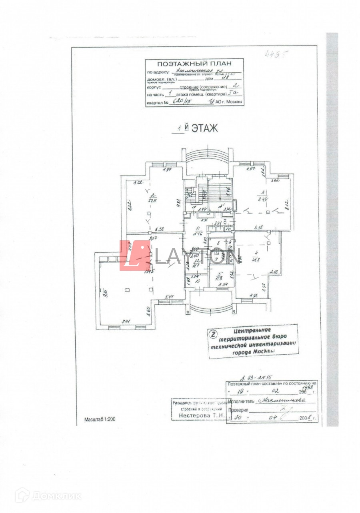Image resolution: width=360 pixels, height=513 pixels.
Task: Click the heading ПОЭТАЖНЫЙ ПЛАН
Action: (x=194, y=64)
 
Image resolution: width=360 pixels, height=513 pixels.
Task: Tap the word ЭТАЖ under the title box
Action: (x=204, y=128)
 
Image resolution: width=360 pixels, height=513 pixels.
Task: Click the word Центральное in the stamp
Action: (x=252, y=331)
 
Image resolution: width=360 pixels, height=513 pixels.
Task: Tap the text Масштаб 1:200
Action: (x=100, y=419)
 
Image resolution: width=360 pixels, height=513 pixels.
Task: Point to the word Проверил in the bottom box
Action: (x=238, y=411)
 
